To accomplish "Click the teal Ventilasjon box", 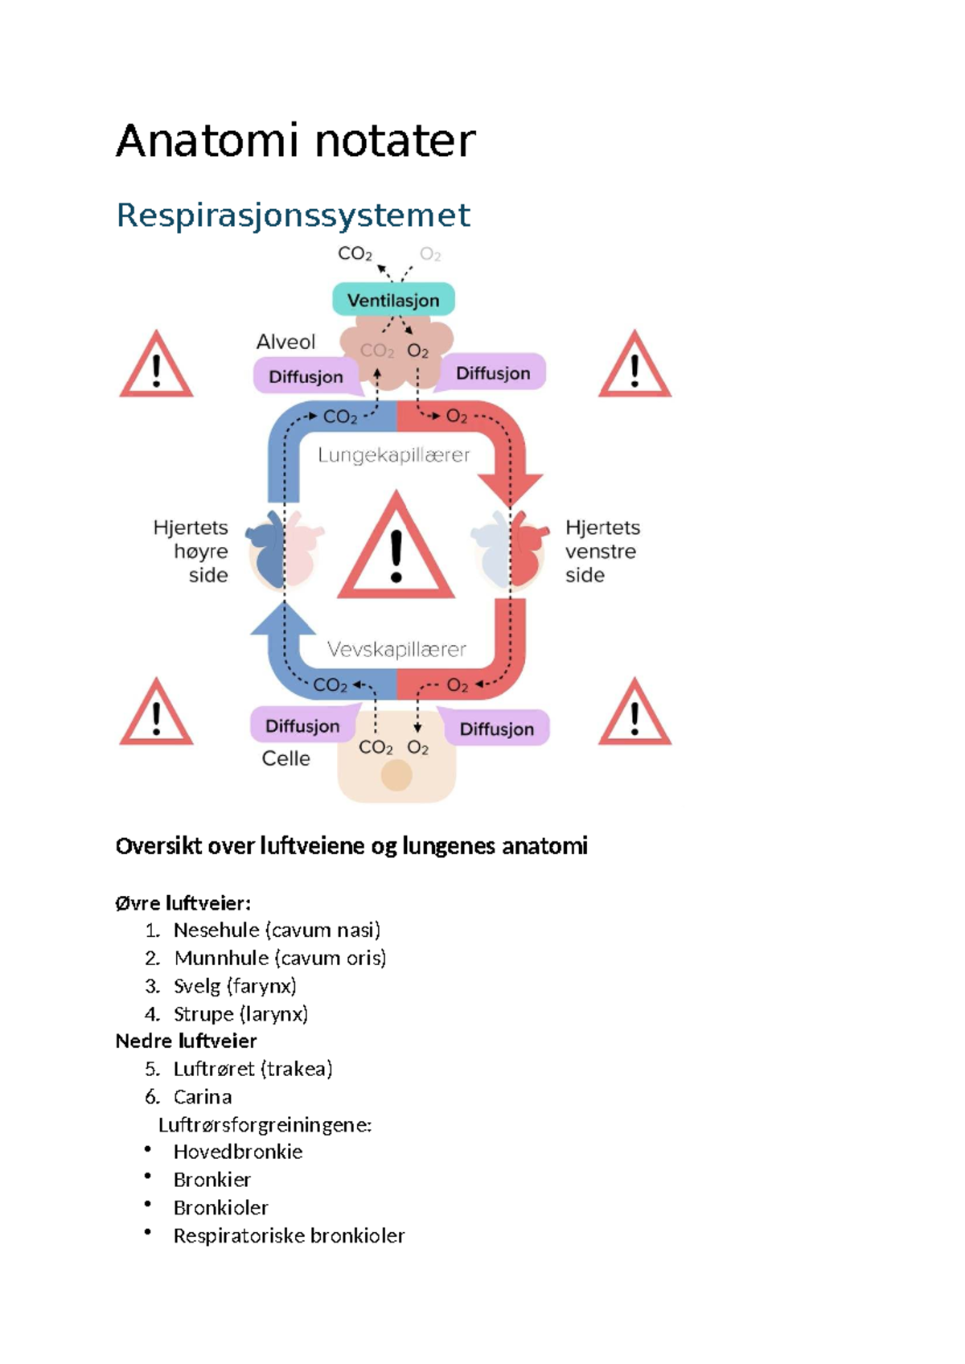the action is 393,300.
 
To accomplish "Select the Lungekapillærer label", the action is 394,455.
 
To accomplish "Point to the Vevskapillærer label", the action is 396,650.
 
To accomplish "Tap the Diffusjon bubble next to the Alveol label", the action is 306,376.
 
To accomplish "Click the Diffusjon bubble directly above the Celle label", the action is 302,725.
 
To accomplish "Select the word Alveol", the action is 285,342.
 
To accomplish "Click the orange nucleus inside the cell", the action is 396,775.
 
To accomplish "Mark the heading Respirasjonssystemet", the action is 293,215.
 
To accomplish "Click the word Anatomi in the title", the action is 207,141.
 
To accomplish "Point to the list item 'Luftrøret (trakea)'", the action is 253,1069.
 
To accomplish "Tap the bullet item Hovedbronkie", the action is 237,1152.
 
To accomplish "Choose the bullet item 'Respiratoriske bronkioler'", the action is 289,1235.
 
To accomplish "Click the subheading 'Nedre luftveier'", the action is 186,1041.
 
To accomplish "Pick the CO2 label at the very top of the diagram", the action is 355,254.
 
